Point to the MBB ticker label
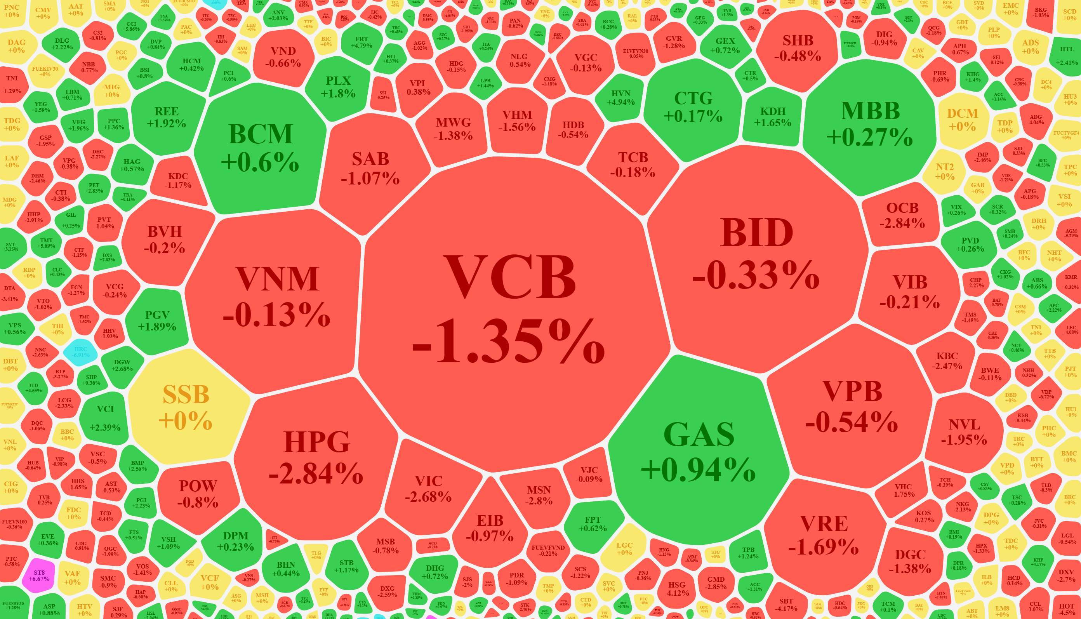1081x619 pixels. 870,111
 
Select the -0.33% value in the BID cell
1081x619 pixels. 756,275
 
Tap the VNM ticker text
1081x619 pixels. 277,279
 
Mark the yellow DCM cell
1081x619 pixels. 963,120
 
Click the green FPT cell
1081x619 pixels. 593,524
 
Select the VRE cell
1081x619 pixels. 824,535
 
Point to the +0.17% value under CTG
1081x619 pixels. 693,116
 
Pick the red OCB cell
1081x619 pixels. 902,215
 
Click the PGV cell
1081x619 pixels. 157,320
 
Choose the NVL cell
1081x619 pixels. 964,431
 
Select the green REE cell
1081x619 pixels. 166,117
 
